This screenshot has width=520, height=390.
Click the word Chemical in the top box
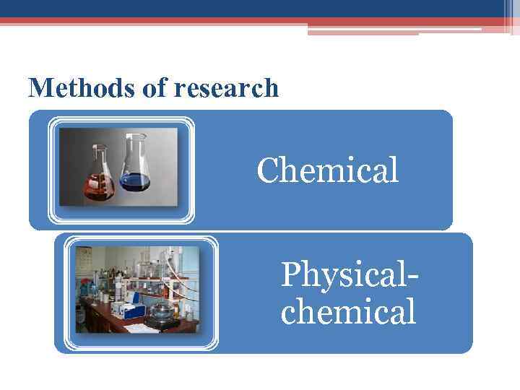[x=327, y=171]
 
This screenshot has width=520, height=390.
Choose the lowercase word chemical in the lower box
[x=347, y=313]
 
